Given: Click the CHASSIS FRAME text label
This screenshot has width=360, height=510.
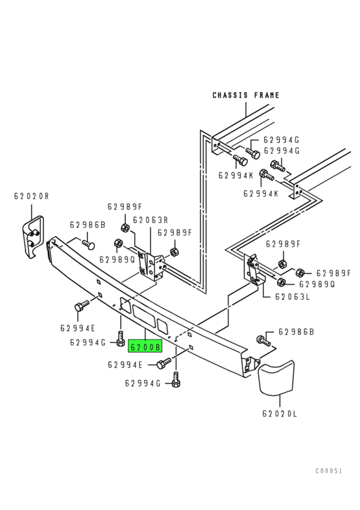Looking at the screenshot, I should pyautogui.click(x=246, y=95).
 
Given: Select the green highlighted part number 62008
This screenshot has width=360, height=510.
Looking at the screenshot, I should pyautogui.click(x=146, y=346).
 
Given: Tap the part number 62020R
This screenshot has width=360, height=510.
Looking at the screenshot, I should pyautogui.click(x=31, y=196).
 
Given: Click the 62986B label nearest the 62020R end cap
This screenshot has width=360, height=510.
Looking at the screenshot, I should pyautogui.click(x=87, y=225).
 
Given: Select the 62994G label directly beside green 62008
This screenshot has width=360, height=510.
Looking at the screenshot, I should pyautogui.click(x=88, y=343).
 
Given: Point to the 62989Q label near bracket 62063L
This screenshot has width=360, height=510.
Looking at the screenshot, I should pyautogui.click(x=317, y=285).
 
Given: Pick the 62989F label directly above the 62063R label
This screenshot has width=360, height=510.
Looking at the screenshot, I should pyautogui.click(x=125, y=207).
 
